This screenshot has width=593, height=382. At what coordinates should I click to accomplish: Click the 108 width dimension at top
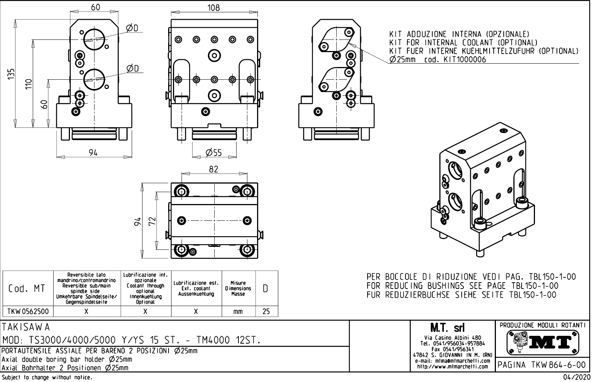pyautogui.click(x=213, y=8)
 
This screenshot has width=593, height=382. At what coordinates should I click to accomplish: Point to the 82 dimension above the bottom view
pyautogui.click(x=213, y=169)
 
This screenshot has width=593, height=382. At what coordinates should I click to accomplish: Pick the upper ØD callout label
pyautogui.click(x=132, y=28)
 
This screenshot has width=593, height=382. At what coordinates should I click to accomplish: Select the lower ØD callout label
pyautogui.click(x=132, y=68)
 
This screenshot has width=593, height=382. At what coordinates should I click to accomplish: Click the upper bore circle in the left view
pyautogui.click(x=94, y=39)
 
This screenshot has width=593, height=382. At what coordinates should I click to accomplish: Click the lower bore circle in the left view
pyautogui.click(x=94, y=79)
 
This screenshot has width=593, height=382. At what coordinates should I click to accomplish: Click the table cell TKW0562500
pyautogui.click(x=28, y=312)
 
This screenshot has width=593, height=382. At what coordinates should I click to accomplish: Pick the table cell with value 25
pyautogui.click(x=266, y=312)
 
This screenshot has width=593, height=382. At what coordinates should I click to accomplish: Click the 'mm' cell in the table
pyautogui.click(x=238, y=312)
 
